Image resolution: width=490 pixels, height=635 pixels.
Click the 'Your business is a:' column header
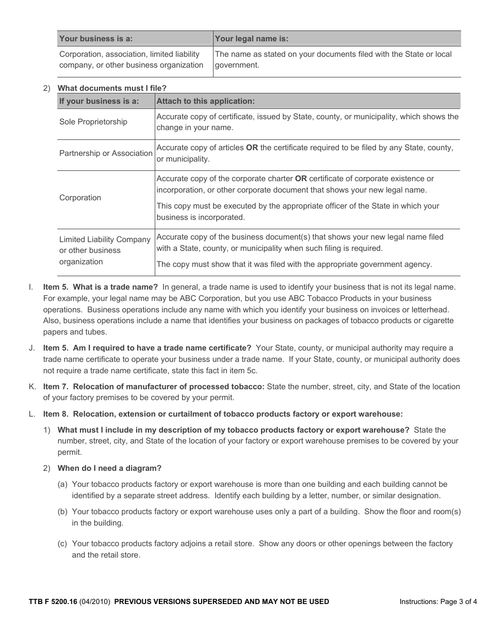coord(96,39)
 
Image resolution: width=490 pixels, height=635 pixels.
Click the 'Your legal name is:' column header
coord(251,39)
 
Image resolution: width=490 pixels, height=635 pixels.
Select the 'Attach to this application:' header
coord(205,101)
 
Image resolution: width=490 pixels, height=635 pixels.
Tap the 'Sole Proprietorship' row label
coord(93,122)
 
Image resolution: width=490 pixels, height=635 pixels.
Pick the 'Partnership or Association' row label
coord(106,153)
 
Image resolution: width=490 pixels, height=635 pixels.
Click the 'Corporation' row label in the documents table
coord(80,198)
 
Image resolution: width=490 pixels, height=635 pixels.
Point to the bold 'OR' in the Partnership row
coord(252,148)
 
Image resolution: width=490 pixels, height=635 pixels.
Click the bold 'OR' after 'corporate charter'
coord(301,179)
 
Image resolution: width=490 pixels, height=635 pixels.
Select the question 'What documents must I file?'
coord(112,88)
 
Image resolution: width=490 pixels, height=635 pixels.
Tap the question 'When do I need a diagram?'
coord(109,468)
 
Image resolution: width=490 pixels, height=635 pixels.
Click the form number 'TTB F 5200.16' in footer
coord(53,601)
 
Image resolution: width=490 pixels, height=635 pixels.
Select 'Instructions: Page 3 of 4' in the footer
coord(438,601)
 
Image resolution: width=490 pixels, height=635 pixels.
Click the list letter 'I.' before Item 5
coord(31,287)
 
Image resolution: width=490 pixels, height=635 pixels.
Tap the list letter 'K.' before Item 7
coord(32,387)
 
